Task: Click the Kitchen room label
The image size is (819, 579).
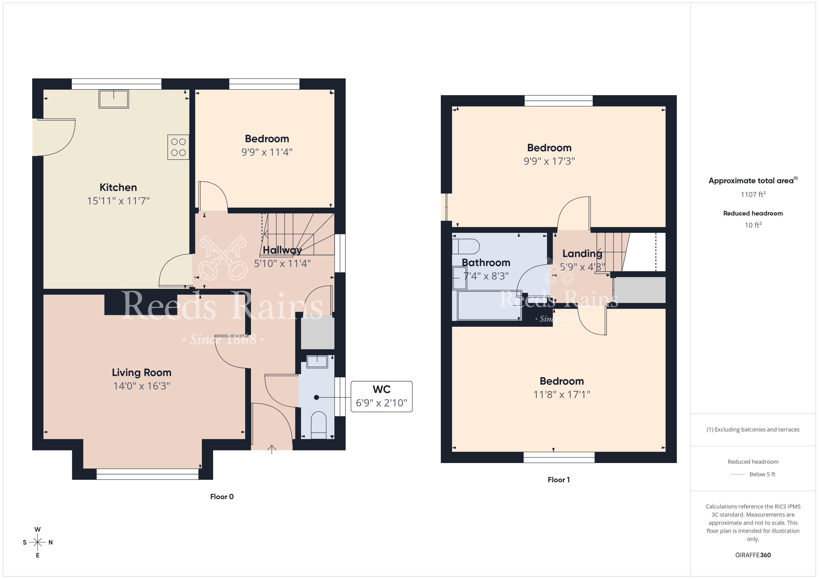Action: click(x=118, y=187)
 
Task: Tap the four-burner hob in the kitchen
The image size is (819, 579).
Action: click(x=178, y=147)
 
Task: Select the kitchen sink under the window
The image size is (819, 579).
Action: click(x=114, y=99)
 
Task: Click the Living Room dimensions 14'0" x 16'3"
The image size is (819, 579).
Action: click(x=142, y=386)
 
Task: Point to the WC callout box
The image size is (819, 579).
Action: click(x=381, y=396)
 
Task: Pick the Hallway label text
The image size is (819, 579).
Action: click(x=282, y=250)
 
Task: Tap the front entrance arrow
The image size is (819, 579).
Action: click(x=272, y=449)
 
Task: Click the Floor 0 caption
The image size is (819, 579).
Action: click(x=222, y=497)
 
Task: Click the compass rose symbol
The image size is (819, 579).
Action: click(x=37, y=542)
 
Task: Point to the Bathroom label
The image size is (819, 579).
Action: click(x=486, y=263)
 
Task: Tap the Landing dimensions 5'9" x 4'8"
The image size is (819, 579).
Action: click(x=582, y=267)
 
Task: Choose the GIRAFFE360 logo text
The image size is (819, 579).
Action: click(x=753, y=555)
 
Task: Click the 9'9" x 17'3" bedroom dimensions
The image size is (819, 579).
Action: click(x=549, y=161)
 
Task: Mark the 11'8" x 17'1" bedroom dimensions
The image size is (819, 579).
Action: click(x=562, y=395)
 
